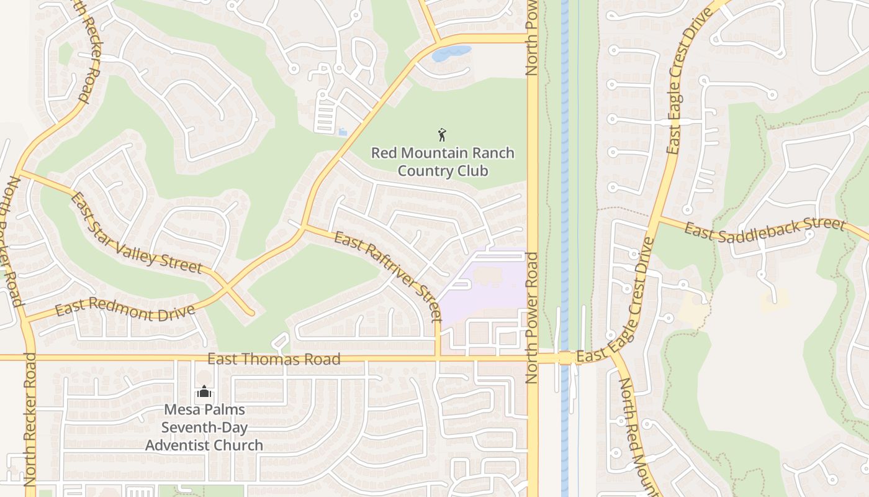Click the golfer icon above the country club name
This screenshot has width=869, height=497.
(442, 134)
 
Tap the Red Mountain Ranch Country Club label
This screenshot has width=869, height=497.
(443, 162)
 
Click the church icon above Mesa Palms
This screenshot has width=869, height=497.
(204, 392)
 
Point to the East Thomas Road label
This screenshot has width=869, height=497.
(274, 359)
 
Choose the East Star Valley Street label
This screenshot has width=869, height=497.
(137, 234)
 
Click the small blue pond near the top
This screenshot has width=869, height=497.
(451, 53)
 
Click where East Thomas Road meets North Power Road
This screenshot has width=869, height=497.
(533, 358)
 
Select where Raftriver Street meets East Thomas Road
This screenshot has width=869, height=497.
(438, 358)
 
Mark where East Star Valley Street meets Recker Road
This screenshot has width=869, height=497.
(18, 171)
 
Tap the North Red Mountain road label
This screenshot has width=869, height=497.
(637, 435)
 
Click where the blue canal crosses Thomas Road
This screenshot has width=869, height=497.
(565, 358)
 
